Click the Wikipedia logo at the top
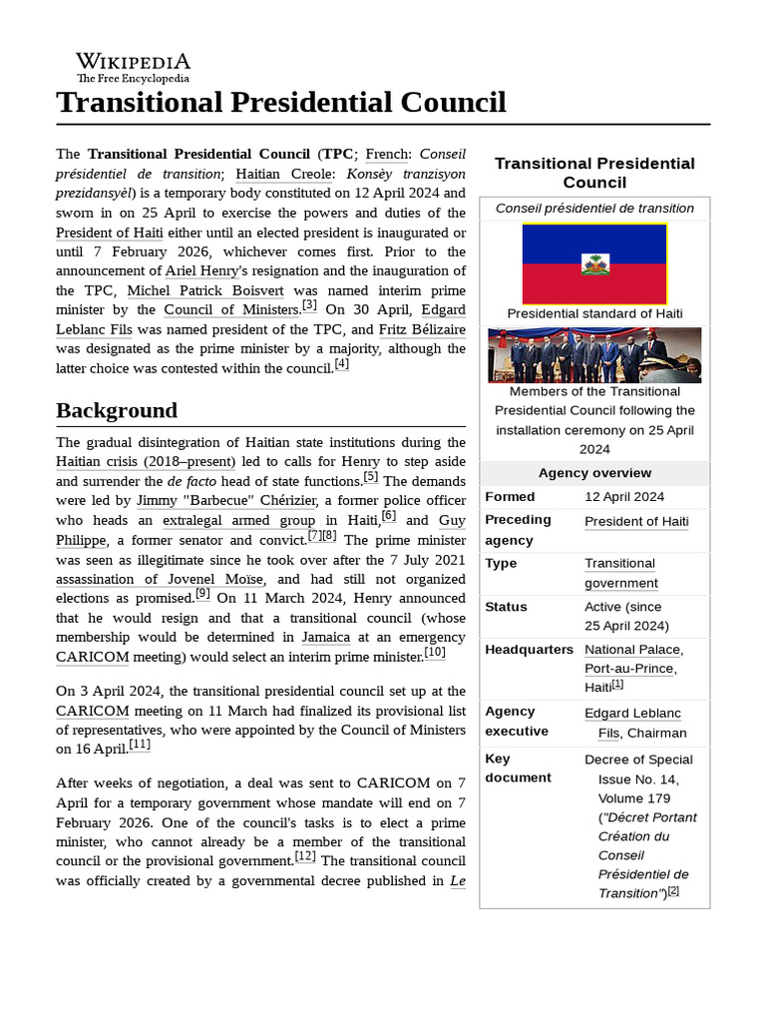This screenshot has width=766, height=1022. pyautogui.click(x=133, y=67)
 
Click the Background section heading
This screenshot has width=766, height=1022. pyautogui.click(x=117, y=410)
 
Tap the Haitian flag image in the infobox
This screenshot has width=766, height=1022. pyautogui.click(x=594, y=263)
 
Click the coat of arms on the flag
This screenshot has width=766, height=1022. pyautogui.click(x=594, y=264)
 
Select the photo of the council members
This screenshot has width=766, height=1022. pyautogui.click(x=594, y=355)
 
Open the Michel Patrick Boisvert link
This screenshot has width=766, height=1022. pyautogui.click(x=205, y=290)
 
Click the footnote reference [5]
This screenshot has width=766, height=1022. pyautogui.click(x=371, y=476)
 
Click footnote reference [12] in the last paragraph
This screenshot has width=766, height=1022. pyautogui.click(x=305, y=856)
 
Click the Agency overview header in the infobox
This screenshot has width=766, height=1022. pyautogui.click(x=594, y=473)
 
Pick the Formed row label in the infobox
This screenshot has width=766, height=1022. pyautogui.click(x=510, y=497)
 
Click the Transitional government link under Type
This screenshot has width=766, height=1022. pyautogui.click(x=620, y=573)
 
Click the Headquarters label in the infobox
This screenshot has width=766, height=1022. pyautogui.click(x=529, y=649)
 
